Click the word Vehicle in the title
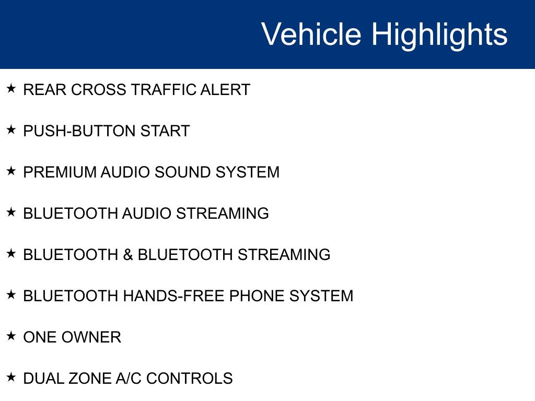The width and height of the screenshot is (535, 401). click(x=311, y=34)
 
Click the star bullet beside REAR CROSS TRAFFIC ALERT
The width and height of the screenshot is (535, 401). click(x=11, y=88)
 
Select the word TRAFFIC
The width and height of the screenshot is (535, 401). click(x=164, y=90)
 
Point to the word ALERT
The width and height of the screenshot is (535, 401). click(x=225, y=90)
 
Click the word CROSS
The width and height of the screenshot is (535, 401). click(x=99, y=90)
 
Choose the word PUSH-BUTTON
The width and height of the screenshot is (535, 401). click(x=79, y=131)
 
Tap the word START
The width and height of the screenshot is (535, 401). click(x=165, y=131)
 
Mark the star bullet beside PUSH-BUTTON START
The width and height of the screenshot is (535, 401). click(x=11, y=129)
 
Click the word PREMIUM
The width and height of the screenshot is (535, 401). click(x=60, y=172)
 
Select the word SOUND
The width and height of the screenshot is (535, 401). click(x=183, y=172)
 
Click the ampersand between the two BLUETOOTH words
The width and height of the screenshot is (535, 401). click(x=128, y=255)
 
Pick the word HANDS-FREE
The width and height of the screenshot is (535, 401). click(x=174, y=296)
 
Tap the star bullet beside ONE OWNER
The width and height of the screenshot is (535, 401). click(x=11, y=336)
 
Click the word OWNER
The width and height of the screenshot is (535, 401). click(x=92, y=337)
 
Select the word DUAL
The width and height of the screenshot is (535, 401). click(x=44, y=379)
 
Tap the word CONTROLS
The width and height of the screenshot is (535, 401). click(x=190, y=379)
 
